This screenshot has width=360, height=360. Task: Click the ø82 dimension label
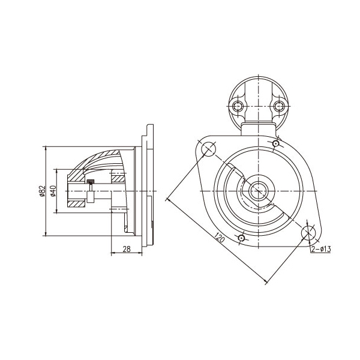pyautogui.click(x=43, y=191)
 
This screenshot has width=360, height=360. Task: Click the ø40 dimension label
pyautogui.click(x=53, y=191)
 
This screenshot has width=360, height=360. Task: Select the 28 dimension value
pyautogui.click(x=127, y=249)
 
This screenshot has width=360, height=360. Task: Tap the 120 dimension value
pyautogui.click(x=219, y=238)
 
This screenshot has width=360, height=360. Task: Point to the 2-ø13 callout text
pyautogui.click(x=321, y=249)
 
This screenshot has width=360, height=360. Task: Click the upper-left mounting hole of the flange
pyautogui.click(x=208, y=149)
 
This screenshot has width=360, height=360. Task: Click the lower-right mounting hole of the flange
pyautogui.click(x=308, y=233)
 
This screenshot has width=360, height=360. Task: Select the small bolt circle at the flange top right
pyautogui.click(x=275, y=144)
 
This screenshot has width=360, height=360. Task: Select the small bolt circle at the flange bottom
pyautogui.click(x=241, y=238)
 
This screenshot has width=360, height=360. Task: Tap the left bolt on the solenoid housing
pyautogui.click(x=238, y=106)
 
